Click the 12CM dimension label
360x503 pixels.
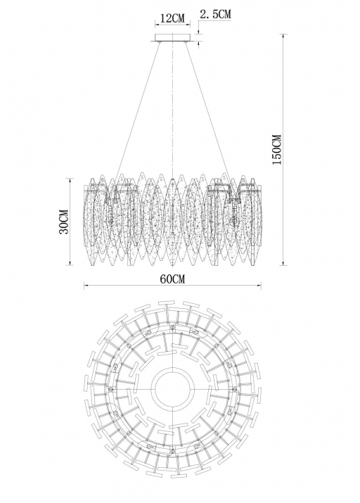[172, 18]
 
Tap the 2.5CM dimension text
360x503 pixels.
[215, 14]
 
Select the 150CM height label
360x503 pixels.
[276, 149]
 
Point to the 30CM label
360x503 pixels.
[64, 222]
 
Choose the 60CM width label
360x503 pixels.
[172, 279]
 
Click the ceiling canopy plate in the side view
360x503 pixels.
[172, 38]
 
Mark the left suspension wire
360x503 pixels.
[138, 110]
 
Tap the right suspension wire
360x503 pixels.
[208, 110]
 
